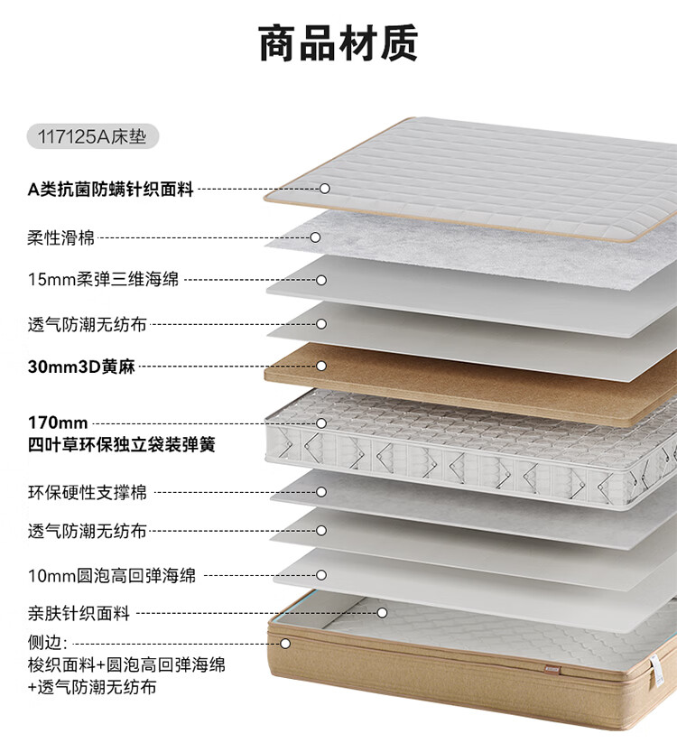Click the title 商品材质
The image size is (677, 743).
[x=338, y=43]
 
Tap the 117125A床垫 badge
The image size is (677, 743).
[x=93, y=137]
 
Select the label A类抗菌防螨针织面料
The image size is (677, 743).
[x=111, y=190]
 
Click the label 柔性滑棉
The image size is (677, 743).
[x=61, y=238]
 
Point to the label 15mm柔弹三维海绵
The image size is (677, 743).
[x=104, y=280]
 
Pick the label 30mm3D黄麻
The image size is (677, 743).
[x=81, y=367]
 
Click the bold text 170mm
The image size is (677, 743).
[x=58, y=423]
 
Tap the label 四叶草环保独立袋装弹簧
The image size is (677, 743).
[x=122, y=445]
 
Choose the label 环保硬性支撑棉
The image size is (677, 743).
[x=88, y=493]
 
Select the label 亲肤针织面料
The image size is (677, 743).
[x=79, y=614]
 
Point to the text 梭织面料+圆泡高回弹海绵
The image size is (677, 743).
[x=126, y=665]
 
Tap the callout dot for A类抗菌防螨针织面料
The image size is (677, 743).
[x=325, y=189]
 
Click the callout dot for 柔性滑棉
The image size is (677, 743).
[x=317, y=237]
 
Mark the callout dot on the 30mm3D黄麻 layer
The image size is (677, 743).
[x=321, y=366]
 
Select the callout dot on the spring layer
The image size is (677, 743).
[x=321, y=423]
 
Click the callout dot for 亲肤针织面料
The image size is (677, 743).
[x=382, y=613]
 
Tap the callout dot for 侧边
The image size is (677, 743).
[x=285, y=644]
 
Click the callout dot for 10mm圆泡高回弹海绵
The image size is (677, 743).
[x=321, y=575]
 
